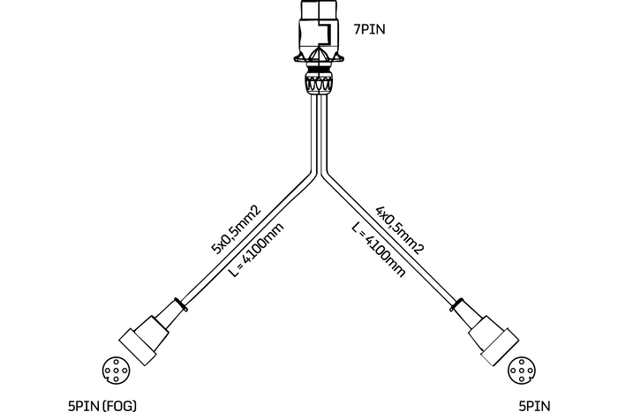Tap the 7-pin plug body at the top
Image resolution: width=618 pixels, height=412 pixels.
(x=319, y=31)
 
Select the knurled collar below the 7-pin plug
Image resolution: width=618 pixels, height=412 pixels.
(x=319, y=86)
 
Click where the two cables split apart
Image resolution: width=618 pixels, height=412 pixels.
(x=319, y=172)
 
